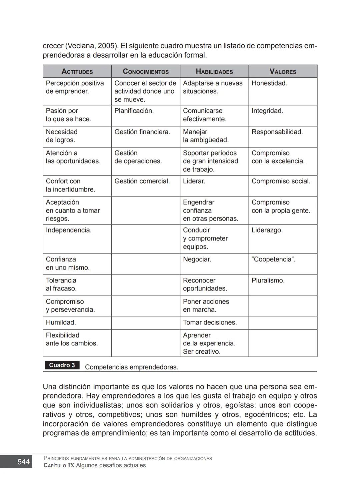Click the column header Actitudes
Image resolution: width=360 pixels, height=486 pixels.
[77, 72]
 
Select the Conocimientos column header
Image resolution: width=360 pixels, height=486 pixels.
[146, 72]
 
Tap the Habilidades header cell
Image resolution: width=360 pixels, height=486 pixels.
[214, 72]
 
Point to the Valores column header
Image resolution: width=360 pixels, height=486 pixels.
[283, 72]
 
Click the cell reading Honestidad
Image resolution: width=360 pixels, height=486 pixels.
[269, 83]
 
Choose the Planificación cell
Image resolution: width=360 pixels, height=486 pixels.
[134, 111]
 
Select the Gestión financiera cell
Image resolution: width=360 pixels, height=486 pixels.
[142, 132]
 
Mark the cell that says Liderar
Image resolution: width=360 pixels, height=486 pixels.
[194, 181]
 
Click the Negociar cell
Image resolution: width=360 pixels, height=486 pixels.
[197, 259]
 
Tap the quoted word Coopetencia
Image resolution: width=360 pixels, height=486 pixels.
[273, 259]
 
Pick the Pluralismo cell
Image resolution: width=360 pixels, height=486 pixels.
[268, 280]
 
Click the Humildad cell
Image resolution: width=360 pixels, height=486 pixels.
[61, 322]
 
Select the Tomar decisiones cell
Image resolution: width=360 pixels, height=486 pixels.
[210, 322]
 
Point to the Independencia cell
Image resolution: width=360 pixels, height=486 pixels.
[68, 230]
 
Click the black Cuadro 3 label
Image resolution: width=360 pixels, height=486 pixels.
[62, 365]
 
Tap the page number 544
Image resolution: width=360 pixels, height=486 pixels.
[23, 462]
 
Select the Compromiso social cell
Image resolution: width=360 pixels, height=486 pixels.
[281, 181]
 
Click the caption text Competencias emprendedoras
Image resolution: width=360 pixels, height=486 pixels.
[131, 367]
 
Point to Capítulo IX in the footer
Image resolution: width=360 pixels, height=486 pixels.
[59, 465]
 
